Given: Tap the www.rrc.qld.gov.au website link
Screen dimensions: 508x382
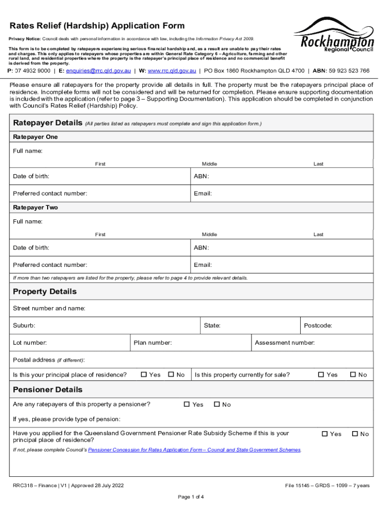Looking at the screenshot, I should (172, 71).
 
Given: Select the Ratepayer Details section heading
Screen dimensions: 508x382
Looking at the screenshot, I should (48, 123).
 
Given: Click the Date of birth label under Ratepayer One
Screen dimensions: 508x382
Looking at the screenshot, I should (31, 176).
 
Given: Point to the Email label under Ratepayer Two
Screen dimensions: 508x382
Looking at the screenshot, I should (203, 265).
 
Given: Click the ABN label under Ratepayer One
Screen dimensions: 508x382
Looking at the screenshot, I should (201, 176).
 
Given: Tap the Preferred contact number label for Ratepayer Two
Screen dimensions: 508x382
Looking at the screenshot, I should (50, 265).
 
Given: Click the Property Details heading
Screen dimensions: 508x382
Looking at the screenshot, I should (45, 291).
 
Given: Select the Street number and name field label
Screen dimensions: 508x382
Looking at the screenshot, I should (49, 309).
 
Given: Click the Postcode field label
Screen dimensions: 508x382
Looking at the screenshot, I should (318, 326).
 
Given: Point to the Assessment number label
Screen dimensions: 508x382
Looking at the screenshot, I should (284, 343).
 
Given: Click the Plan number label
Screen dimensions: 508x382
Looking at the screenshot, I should (153, 343).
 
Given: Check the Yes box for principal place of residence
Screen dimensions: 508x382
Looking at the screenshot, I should (144, 375).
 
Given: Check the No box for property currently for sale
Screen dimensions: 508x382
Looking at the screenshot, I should (353, 375).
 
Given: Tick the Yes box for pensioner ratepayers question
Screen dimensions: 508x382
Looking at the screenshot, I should (187, 404).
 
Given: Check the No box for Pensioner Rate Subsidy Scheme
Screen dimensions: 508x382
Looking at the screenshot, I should (355, 434).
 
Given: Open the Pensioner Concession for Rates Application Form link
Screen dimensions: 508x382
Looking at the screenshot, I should (194, 450).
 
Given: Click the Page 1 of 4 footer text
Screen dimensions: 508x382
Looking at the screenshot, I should (191, 497).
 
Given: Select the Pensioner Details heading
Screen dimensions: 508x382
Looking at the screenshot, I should (48, 389).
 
